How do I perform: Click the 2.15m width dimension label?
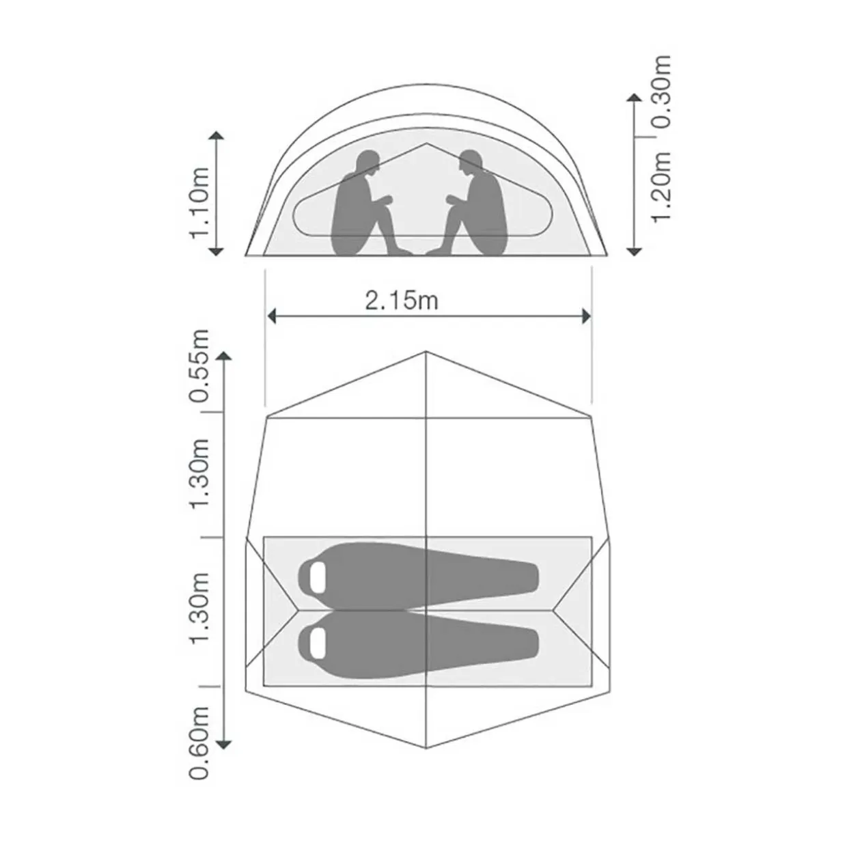click(402, 301)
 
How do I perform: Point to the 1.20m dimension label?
click(661, 186)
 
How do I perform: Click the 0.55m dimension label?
click(199, 365)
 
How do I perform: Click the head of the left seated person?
click(367, 163)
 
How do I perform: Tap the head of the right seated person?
click(471, 163)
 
